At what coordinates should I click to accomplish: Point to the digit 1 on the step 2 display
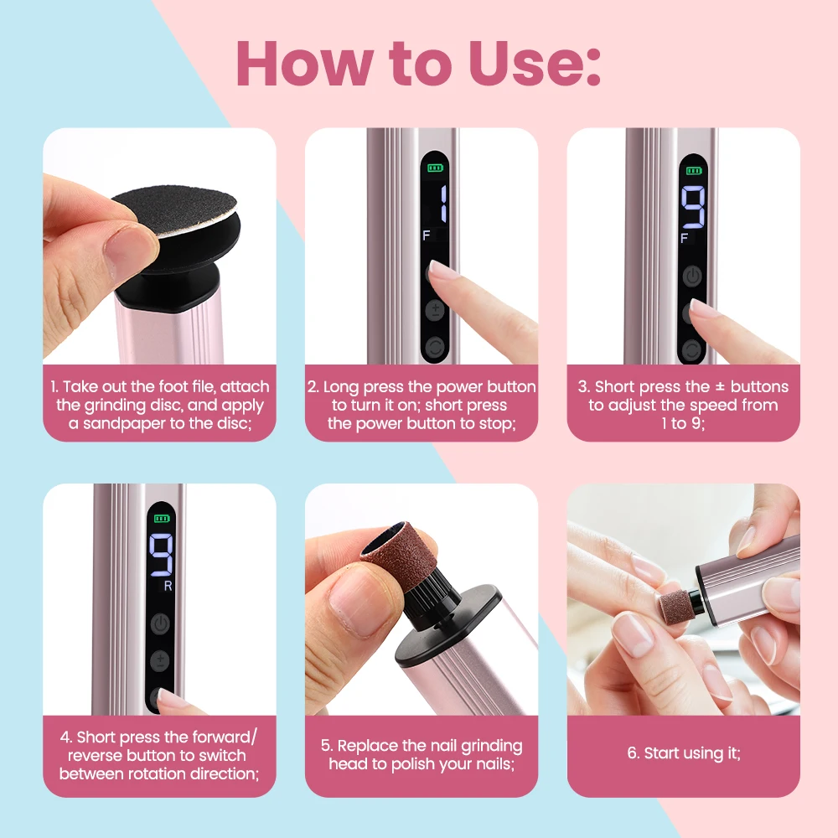(x=442, y=203)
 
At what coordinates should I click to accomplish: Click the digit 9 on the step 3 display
(x=693, y=207)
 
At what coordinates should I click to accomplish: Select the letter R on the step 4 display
(x=168, y=586)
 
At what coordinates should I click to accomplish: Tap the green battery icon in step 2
(x=434, y=168)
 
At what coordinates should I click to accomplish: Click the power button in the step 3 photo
(x=692, y=277)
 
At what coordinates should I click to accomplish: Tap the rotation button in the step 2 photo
(x=434, y=348)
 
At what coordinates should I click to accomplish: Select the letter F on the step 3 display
(x=684, y=238)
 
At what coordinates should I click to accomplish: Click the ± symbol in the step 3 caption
(x=720, y=385)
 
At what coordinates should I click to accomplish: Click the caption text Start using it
(x=684, y=753)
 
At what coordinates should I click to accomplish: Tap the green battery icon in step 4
(x=162, y=519)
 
